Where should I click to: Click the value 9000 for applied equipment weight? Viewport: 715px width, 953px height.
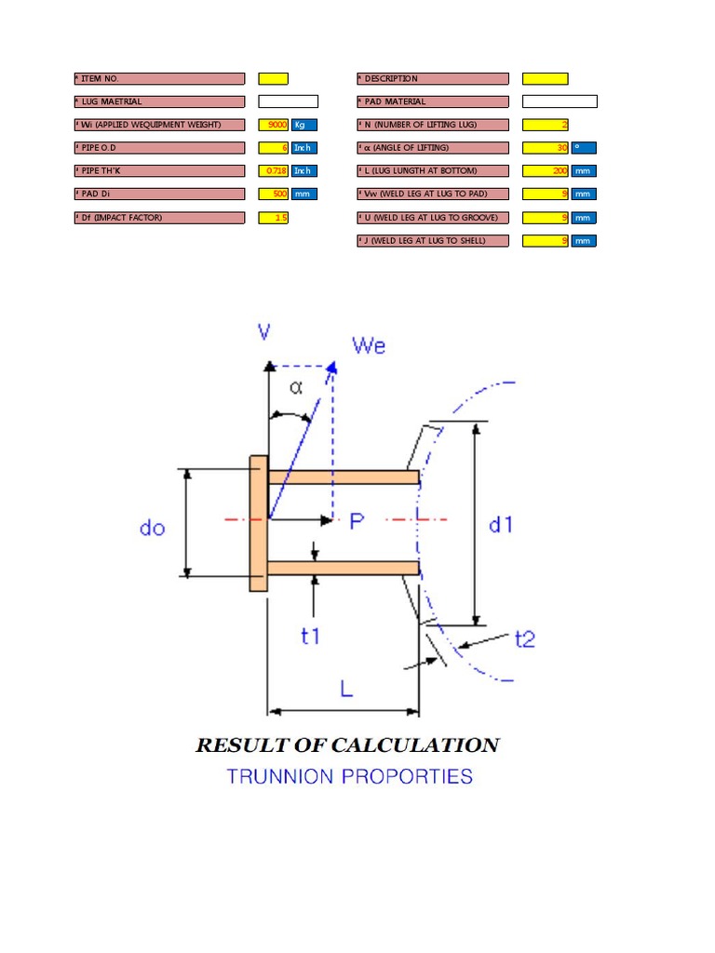[x=277, y=125]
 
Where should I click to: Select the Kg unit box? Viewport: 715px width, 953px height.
[x=304, y=125]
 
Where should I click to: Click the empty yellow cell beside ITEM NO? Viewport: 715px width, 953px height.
[x=273, y=79]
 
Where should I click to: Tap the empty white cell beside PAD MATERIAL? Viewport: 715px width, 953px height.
[x=560, y=101]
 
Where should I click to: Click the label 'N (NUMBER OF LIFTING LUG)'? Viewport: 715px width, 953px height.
[x=433, y=125]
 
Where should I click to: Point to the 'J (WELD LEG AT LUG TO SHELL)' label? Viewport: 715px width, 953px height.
[x=433, y=241]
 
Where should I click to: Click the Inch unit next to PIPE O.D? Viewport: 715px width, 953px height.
[x=304, y=148]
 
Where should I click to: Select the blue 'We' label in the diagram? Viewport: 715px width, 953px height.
[x=369, y=346]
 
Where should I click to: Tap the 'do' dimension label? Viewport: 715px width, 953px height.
[x=152, y=528]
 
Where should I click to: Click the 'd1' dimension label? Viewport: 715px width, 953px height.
[x=501, y=525]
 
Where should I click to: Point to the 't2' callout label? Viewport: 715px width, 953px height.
[x=525, y=638]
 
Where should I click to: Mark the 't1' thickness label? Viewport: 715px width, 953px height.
[x=310, y=637]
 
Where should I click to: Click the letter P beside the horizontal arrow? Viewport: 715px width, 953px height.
[x=357, y=522]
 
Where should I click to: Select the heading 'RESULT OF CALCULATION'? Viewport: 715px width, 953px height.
[x=347, y=745]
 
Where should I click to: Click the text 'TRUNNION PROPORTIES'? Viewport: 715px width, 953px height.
[x=349, y=776]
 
